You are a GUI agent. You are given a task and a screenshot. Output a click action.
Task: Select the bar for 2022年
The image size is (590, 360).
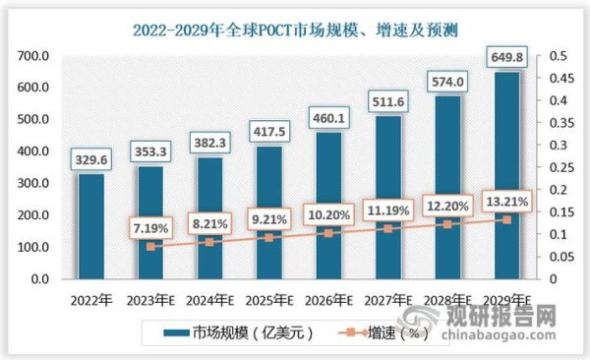coord(89,226)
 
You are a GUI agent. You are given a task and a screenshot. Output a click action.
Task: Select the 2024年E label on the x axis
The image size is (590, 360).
coord(210,300)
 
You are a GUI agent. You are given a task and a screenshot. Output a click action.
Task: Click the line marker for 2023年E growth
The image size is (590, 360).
coord(150,247)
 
